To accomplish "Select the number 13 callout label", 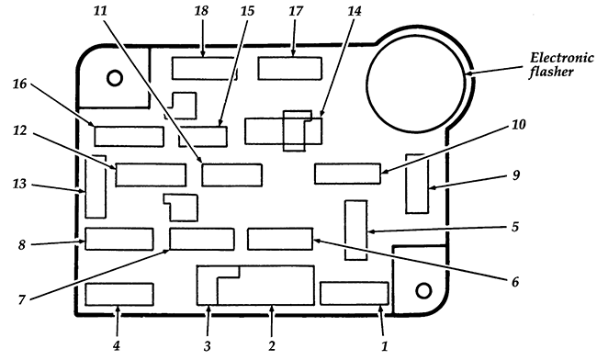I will tap(18, 185).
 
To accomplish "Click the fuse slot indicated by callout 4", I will tap(118, 295).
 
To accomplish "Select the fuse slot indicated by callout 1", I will tap(355, 293).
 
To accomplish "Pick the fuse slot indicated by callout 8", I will tap(118, 239).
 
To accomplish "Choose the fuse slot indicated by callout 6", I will tap(280, 239).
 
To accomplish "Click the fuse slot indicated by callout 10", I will tap(347, 174).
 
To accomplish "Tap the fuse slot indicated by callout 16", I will tap(129, 137).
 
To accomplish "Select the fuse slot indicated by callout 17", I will tap(290, 69).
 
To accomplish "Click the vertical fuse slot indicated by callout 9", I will tap(417, 184).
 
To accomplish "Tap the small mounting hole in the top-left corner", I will tap(116, 77).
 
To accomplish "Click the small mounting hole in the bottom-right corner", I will tap(423, 291).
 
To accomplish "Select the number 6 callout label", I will tap(515, 281).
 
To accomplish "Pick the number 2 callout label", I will tap(271, 345).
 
